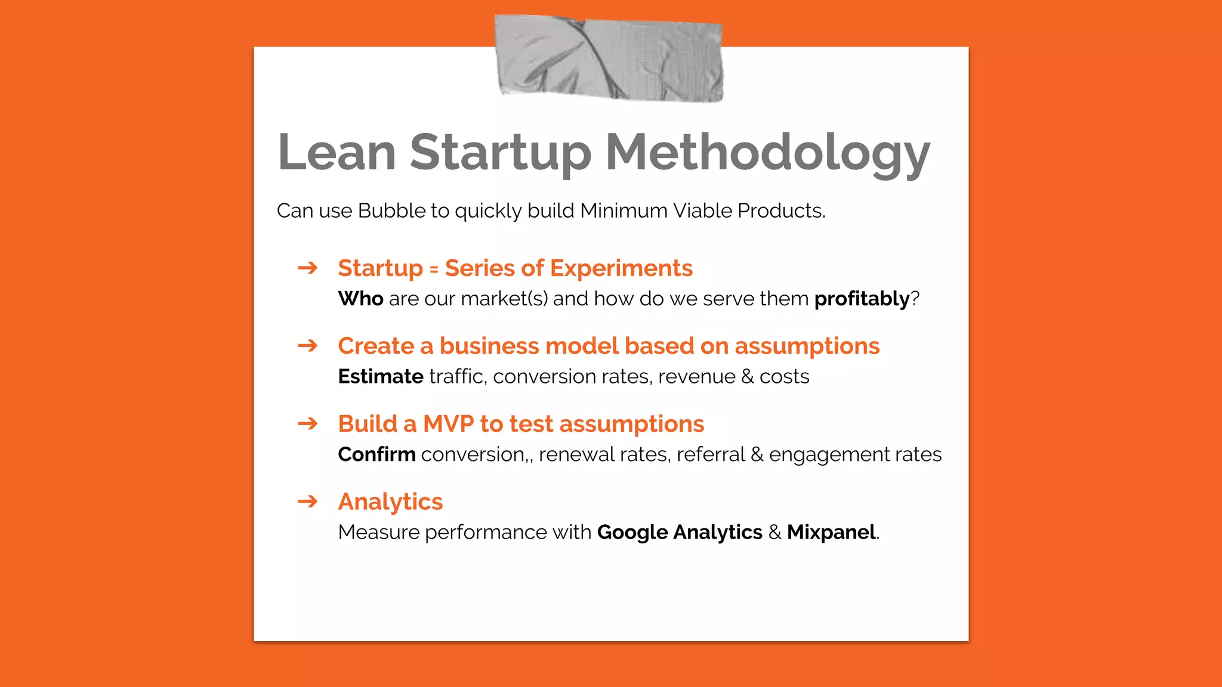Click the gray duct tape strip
pos(609,58)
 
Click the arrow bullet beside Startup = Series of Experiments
pos(308,268)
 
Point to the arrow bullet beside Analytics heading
pos(308,501)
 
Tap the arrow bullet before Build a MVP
pos(308,423)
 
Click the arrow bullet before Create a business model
pos(308,345)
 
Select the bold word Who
pos(360,298)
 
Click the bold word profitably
pos(862,299)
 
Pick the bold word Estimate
pos(381,376)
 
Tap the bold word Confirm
pos(377,454)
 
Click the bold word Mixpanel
pos(831,532)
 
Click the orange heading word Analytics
pos(390,502)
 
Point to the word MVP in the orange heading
pos(448,424)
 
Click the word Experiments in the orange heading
pos(621,268)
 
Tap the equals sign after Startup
pos(434,270)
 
